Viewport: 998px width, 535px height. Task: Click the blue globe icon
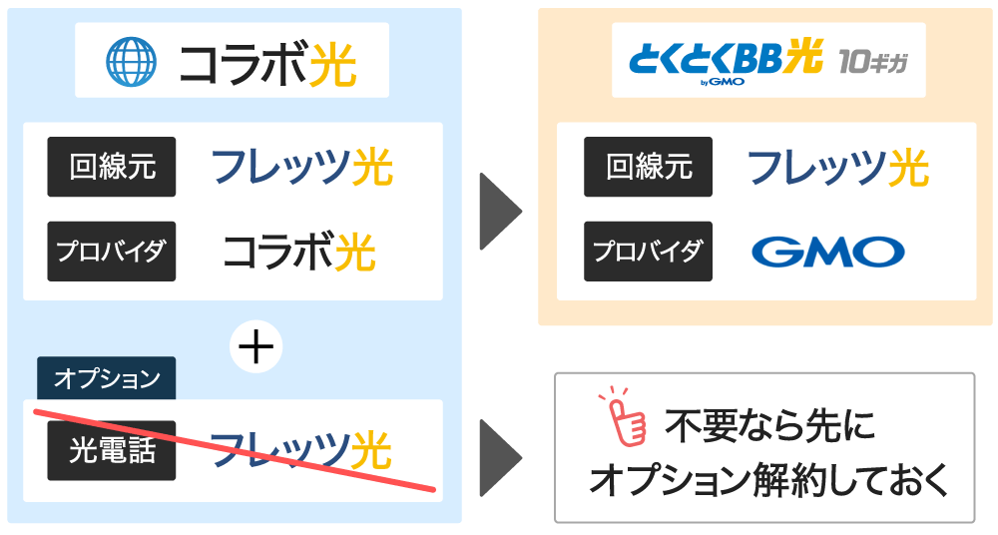(131, 61)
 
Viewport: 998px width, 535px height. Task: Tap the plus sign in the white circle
(255, 347)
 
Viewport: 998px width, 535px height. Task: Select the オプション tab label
(107, 378)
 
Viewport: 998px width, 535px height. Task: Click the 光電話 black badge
(112, 450)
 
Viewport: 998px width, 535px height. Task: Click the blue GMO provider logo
(827, 252)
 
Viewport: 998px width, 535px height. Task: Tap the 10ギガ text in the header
(872, 62)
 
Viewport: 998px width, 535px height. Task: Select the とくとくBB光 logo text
(726, 57)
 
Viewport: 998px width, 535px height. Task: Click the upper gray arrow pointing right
(500, 211)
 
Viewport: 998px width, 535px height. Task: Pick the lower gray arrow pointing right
(500, 457)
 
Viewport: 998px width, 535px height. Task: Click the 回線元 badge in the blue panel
(112, 167)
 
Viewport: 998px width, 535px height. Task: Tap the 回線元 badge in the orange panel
(648, 167)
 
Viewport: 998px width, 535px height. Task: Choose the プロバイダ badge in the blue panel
(112, 251)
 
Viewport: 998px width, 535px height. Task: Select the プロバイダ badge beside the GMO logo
(648, 251)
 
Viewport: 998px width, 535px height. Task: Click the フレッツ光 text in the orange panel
(838, 168)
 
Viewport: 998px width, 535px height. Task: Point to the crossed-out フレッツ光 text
(300, 449)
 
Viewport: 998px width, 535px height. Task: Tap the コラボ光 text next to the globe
(267, 63)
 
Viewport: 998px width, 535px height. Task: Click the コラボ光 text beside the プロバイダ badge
(299, 252)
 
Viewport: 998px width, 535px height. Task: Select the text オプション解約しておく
(768, 479)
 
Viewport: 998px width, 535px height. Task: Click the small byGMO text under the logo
(722, 82)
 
